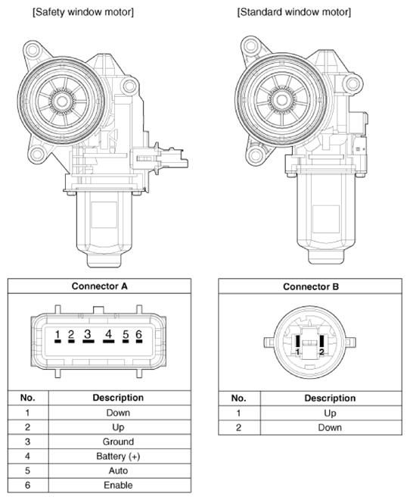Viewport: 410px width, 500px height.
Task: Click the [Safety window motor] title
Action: pyautogui.click(x=83, y=12)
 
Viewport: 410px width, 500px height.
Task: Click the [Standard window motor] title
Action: pyautogui.click(x=294, y=12)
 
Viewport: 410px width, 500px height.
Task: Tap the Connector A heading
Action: pyautogui.click(x=99, y=286)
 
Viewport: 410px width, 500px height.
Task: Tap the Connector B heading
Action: pyautogui.click(x=311, y=286)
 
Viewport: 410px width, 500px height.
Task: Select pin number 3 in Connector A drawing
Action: pyautogui.click(x=88, y=334)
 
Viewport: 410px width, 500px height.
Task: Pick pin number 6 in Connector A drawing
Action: pyautogui.click(x=138, y=334)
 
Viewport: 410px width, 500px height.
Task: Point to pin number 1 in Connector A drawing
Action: pyautogui.click(x=57, y=335)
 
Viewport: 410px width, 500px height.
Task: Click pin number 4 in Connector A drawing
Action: pyautogui.click(x=108, y=334)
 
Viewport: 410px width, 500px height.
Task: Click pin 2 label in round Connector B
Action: pyautogui.click(x=321, y=352)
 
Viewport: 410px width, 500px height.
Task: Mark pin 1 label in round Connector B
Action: pyautogui.click(x=297, y=352)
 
